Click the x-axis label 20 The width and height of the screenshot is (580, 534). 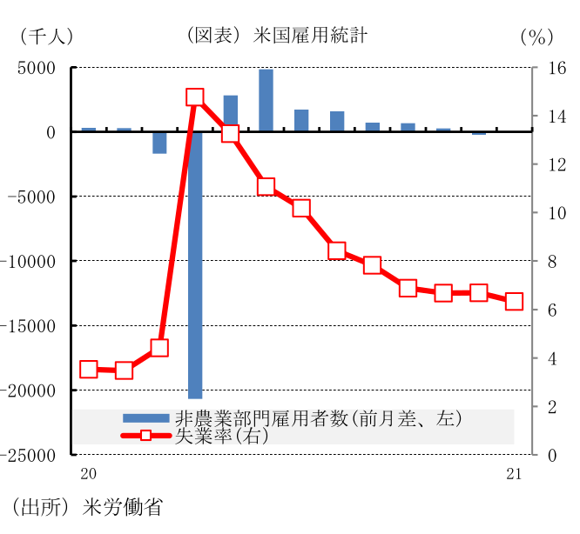[x=86, y=474]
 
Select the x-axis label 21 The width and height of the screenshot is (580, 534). [x=513, y=474]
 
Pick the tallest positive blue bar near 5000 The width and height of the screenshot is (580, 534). [x=266, y=100]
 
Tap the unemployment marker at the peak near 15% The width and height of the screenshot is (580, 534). [x=195, y=98]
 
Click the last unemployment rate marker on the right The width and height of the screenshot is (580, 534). [x=514, y=302]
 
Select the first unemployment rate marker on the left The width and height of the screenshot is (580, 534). [x=88, y=369]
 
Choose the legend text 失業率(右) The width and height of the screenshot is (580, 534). [x=222, y=436]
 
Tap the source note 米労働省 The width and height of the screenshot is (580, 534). [x=124, y=506]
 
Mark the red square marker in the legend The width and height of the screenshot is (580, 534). [x=146, y=435]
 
